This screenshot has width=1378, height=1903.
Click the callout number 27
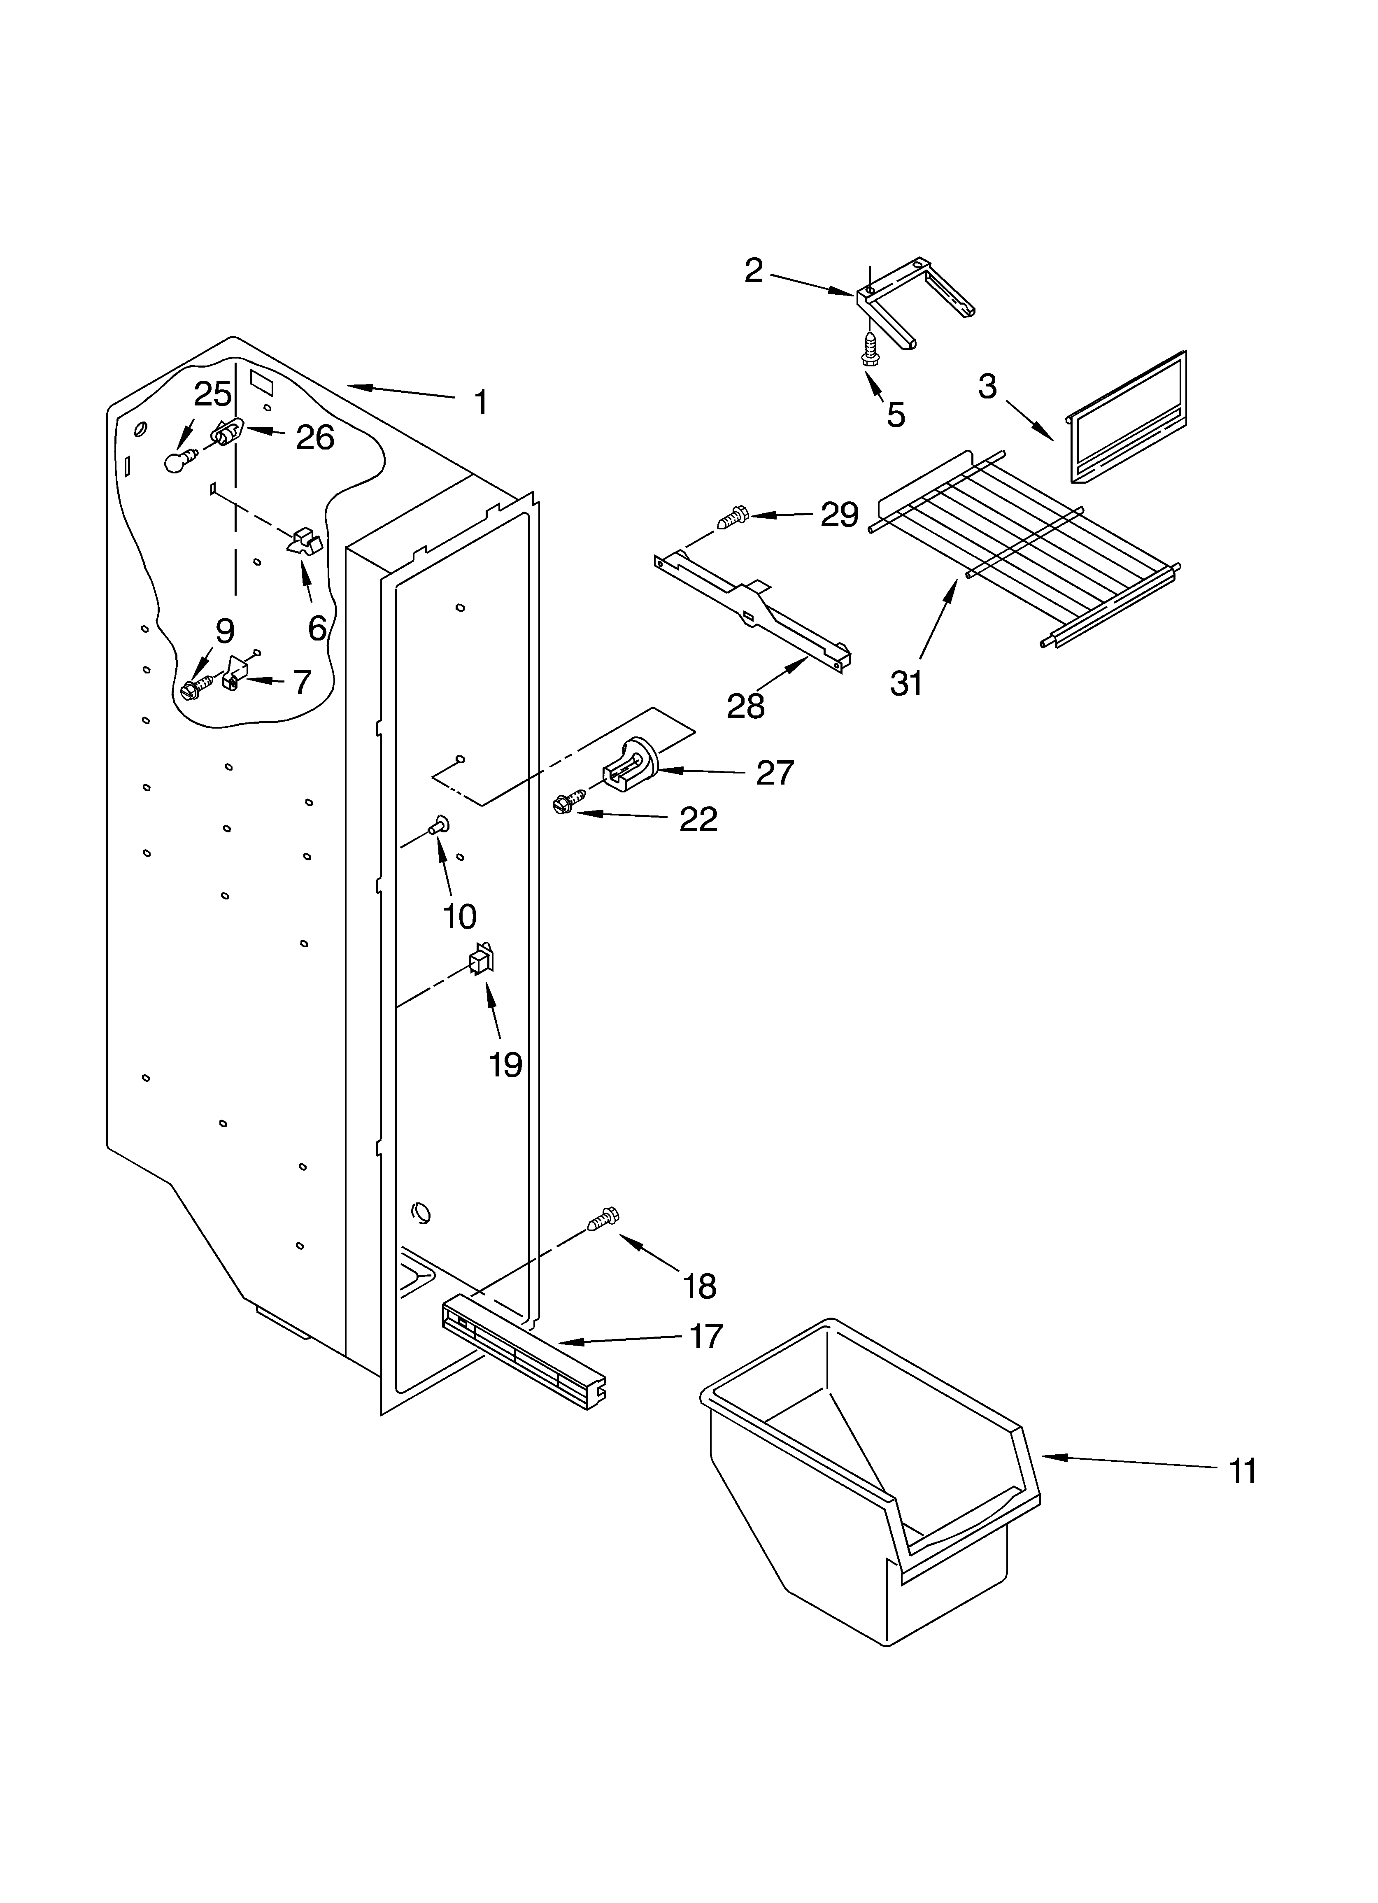[774, 772]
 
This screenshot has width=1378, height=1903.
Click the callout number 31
[906, 684]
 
